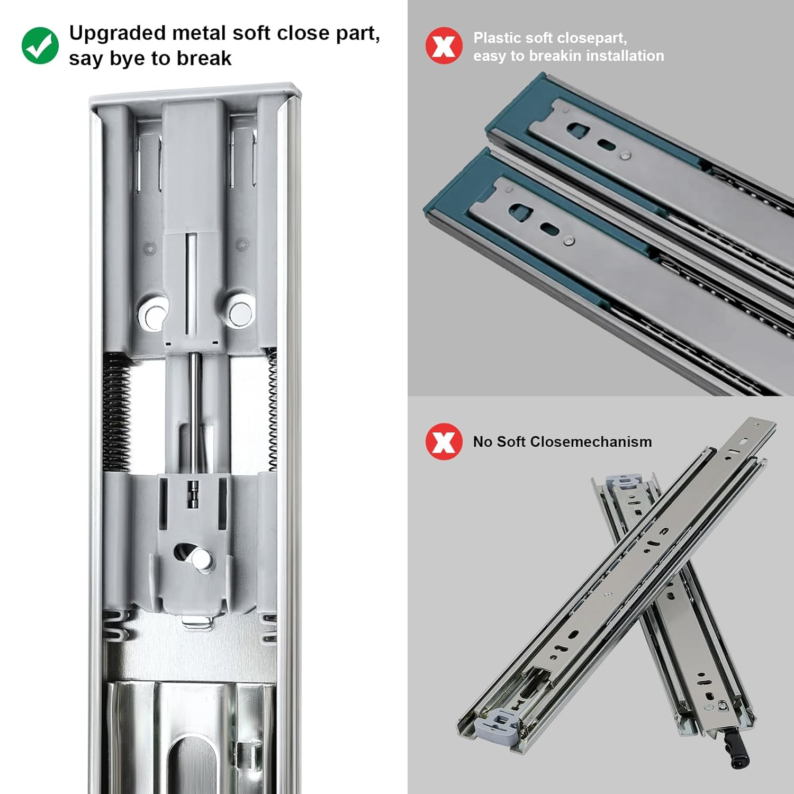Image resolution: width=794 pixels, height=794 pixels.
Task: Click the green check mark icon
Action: [40, 46]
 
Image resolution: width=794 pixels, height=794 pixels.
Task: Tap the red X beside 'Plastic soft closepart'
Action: [444, 46]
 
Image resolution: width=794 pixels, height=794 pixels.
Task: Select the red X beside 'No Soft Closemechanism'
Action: [444, 441]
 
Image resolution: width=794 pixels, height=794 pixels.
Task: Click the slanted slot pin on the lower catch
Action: [201, 558]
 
